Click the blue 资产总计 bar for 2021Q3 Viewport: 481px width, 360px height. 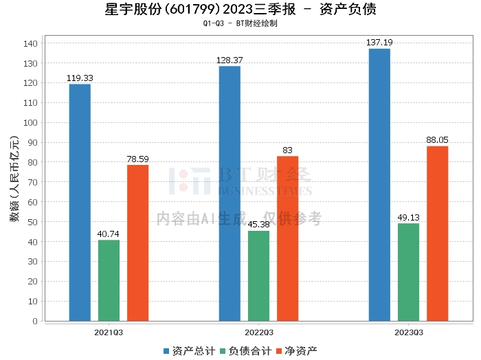pos(80,202)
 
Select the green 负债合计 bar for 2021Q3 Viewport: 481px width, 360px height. pos(109,280)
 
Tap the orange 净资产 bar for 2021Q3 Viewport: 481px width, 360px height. pos(137,243)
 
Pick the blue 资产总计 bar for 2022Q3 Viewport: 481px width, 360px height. pos(230,193)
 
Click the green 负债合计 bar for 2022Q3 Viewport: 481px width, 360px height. pos(258,275)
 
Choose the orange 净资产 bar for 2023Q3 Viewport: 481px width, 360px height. pos(437,233)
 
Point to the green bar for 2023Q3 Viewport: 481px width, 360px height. pos(408,272)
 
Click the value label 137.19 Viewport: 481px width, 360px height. pos(379,43)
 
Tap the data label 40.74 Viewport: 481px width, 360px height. pos(109,234)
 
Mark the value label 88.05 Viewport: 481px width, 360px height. pos(437,140)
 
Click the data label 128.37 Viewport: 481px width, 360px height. pos(230,60)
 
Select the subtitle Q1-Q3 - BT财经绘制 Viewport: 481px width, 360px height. pos(240,23)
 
